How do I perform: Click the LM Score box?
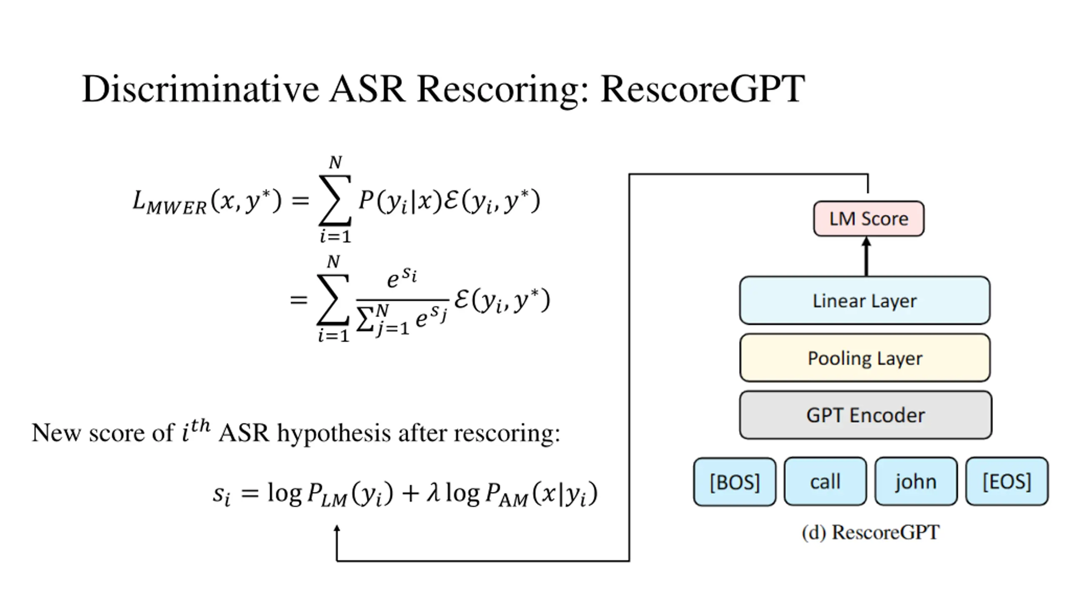[869, 219]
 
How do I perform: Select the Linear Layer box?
[864, 300]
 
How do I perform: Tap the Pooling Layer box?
[865, 358]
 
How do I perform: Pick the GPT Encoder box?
[865, 415]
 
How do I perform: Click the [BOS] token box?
[735, 482]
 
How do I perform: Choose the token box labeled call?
[825, 482]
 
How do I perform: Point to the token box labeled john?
[916, 482]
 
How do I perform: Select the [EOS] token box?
[1007, 482]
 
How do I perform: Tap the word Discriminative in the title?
[200, 89]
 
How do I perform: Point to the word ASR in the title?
[367, 89]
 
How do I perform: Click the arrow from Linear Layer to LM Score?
[866, 256]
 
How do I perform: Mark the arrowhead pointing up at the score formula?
[337, 529]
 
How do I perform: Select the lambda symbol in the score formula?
[433, 493]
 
